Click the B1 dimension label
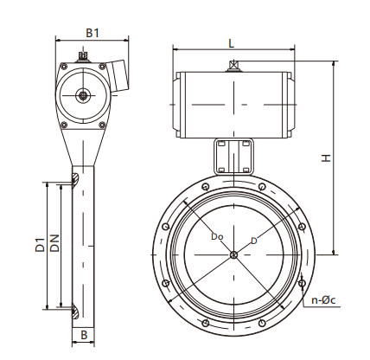point(92,32)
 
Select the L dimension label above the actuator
point(232,42)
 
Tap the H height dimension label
point(325,158)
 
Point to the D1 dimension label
point(40,245)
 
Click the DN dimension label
point(54,245)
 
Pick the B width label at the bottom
point(84,333)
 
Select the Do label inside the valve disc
point(217,235)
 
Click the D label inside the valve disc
point(253,240)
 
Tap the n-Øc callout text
point(324,300)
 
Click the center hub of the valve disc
point(233,254)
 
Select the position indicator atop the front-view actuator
point(233,66)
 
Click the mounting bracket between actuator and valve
point(233,156)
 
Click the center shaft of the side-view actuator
point(83,96)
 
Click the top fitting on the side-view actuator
point(83,58)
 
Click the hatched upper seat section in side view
point(75,180)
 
